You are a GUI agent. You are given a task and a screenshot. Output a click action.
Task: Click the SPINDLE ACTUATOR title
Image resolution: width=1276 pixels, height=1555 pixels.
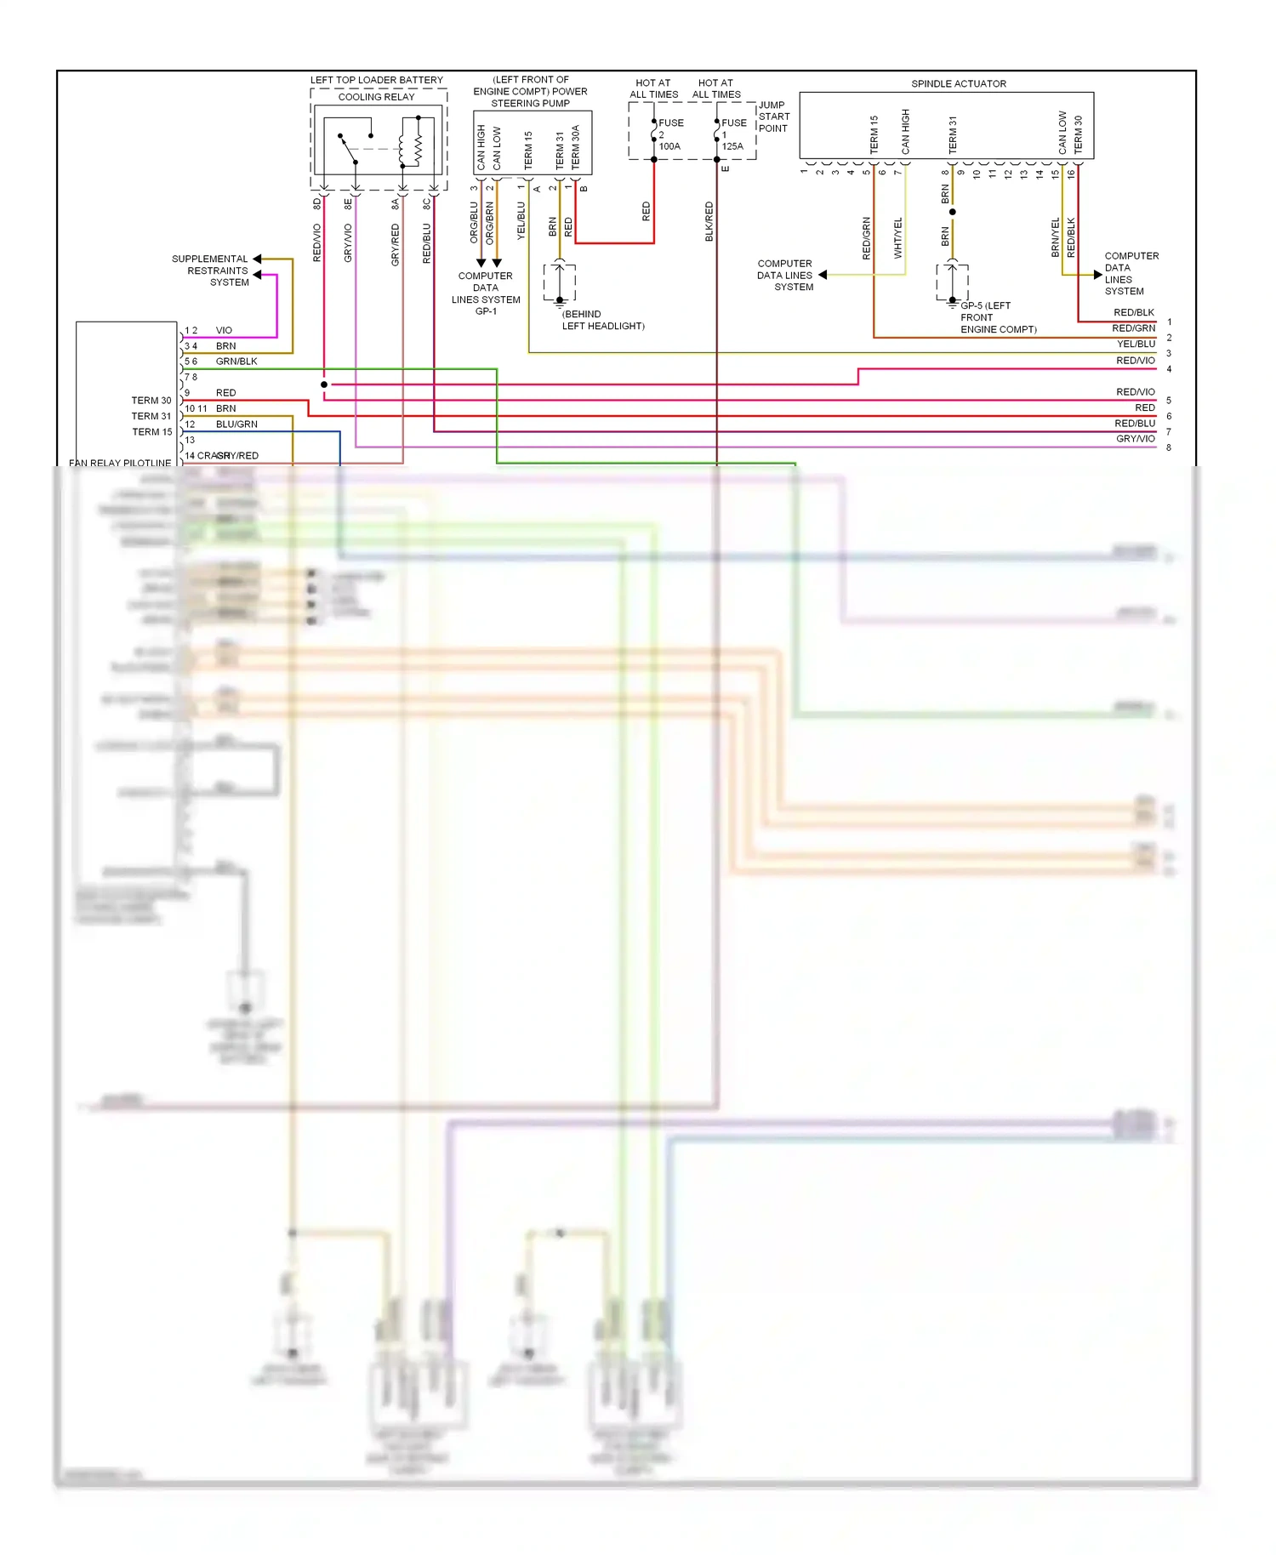(x=958, y=83)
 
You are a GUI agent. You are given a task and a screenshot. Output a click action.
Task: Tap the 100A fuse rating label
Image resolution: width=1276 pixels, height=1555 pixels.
(x=669, y=146)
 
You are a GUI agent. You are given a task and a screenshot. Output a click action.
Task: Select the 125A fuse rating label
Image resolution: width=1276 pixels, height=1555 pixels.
(x=732, y=146)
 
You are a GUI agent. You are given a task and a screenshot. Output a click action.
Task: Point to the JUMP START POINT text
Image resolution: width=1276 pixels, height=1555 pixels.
(x=773, y=117)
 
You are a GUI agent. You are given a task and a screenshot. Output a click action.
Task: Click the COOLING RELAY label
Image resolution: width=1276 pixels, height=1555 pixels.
(x=376, y=97)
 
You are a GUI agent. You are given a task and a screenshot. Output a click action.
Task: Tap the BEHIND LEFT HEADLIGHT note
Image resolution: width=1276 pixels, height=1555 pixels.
(x=602, y=320)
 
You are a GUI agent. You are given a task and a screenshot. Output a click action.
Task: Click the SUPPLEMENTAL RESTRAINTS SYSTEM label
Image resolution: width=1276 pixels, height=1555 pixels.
(x=210, y=271)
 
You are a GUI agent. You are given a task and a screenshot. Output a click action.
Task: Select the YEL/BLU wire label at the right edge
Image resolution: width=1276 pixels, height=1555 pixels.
(x=1136, y=344)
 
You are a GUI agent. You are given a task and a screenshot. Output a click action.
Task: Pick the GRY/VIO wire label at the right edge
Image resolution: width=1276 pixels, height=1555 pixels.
(x=1136, y=439)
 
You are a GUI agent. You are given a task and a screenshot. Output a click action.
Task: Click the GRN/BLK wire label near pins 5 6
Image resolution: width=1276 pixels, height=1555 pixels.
(x=236, y=362)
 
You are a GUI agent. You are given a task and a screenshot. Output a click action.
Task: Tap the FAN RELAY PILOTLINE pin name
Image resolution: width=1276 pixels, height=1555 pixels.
(x=120, y=463)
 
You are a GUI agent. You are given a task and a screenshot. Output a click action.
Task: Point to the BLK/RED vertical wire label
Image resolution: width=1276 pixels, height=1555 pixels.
(x=709, y=221)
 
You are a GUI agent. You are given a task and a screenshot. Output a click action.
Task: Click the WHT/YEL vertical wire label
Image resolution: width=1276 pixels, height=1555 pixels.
(x=897, y=237)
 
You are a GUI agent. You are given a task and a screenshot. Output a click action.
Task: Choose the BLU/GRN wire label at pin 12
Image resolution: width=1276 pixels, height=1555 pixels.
(x=236, y=424)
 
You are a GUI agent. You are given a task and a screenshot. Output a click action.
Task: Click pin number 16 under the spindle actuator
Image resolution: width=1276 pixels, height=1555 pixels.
(x=1071, y=174)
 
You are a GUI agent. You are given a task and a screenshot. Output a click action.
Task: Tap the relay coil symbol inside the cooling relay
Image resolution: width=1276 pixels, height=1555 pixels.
(x=416, y=141)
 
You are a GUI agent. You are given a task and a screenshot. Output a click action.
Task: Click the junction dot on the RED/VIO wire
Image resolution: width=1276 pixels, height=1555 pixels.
(x=324, y=384)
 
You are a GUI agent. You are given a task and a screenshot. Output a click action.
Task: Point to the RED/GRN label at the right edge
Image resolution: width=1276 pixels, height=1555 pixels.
(x=1133, y=328)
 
